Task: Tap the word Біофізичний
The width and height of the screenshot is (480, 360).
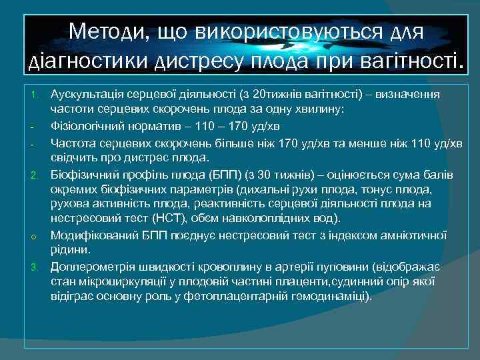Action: click(83, 174)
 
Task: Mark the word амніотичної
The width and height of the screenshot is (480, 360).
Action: click(415, 235)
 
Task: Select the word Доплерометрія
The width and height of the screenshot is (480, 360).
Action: click(91, 267)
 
